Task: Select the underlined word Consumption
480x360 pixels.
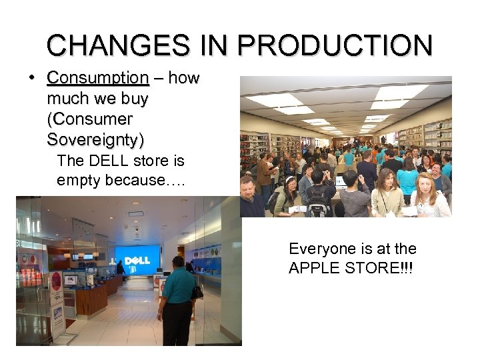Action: (x=98, y=78)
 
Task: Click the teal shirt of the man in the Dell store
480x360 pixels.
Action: (x=177, y=287)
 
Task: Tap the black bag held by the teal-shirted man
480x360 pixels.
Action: (x=197, y=291)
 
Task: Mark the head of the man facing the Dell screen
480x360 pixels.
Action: (x=177, y=261)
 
